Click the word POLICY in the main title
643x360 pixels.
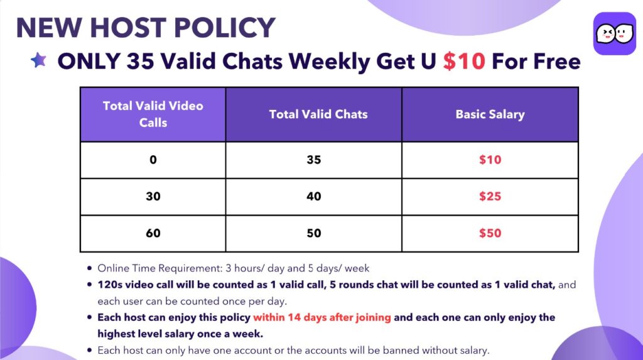point(224,28)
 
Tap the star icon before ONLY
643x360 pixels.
point(38,60)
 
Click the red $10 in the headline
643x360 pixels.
point(464,61)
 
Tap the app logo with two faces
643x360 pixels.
point(614,34)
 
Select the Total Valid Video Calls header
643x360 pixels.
point(153,114)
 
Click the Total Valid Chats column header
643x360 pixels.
point(314,114)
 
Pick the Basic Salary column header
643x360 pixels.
point(490,114)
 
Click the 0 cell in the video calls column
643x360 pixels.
point(153,160)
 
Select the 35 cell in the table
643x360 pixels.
point(314,160)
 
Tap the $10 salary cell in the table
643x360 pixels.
point(490,160)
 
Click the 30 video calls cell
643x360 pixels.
point(153,196)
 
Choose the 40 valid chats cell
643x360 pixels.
point(314,196)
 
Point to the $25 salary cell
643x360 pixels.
point(490,196)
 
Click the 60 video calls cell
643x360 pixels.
point(153,233)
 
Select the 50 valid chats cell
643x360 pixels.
point(314,233)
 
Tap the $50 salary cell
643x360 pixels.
point(490,233)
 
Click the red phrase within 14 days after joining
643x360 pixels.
point(322,317)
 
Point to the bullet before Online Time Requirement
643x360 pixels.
point(89,268)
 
